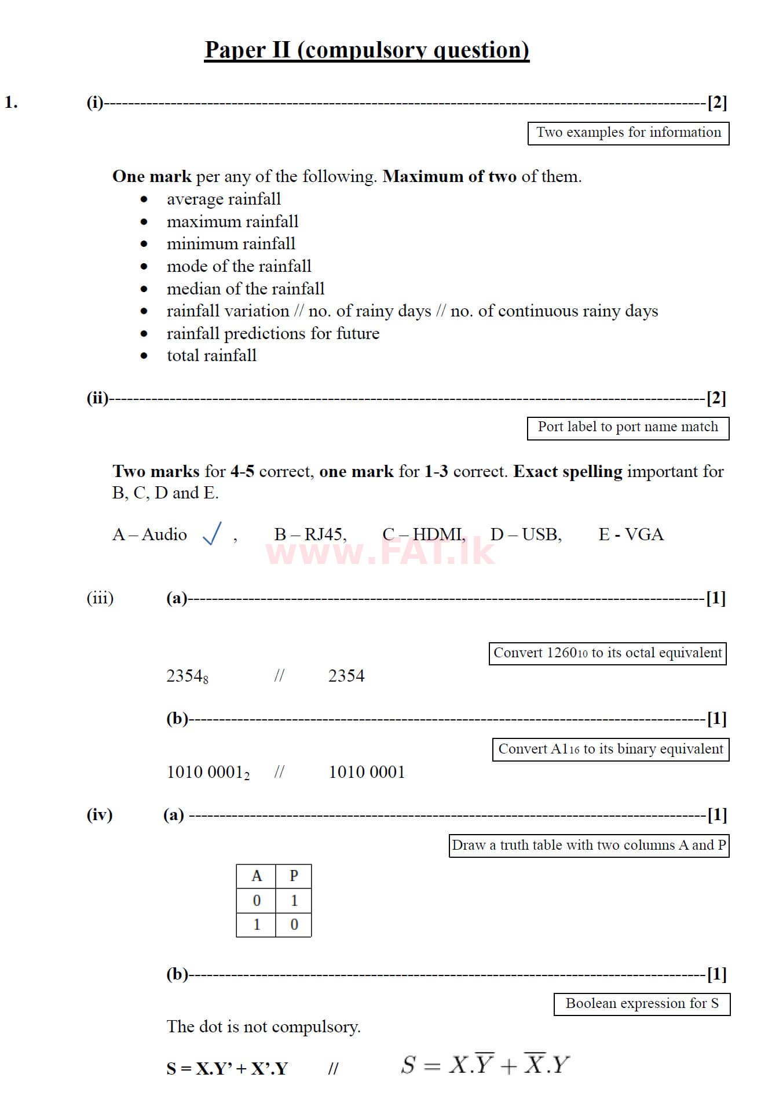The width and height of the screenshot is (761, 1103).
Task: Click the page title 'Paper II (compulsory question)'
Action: [367, 50]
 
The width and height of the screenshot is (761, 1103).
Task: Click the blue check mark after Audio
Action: [212, 533]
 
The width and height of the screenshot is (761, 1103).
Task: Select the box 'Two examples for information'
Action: [628, 133]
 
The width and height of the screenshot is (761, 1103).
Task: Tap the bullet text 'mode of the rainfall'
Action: [239, 266]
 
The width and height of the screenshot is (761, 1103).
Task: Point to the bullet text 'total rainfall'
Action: [211, 355]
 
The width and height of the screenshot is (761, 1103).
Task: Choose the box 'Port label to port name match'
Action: [628, 428]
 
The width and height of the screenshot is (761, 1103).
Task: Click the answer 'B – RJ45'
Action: [310, 534]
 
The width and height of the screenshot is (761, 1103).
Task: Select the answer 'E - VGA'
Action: [631, 534]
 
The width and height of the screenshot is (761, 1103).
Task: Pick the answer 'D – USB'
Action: [525, 534]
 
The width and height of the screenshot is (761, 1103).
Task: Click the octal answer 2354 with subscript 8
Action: [187, 676]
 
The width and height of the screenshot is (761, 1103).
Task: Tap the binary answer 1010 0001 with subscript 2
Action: [208, 773]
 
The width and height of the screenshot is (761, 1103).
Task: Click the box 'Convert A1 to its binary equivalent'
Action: [610, 749]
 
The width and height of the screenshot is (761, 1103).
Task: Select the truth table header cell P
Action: [294, 876]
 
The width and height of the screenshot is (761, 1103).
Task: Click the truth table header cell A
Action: [257, 876]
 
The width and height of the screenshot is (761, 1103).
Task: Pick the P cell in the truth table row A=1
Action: [294, 924]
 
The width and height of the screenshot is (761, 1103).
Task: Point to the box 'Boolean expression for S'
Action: [642, 1004]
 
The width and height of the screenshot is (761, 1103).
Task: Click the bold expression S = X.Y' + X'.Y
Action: [227, 1068]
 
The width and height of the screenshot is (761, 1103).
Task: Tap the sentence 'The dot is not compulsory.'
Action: [264, 1026]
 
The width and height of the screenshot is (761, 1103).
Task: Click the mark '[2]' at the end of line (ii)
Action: [716, 398]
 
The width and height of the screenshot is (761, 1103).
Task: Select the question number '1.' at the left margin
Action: [11, 103]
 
